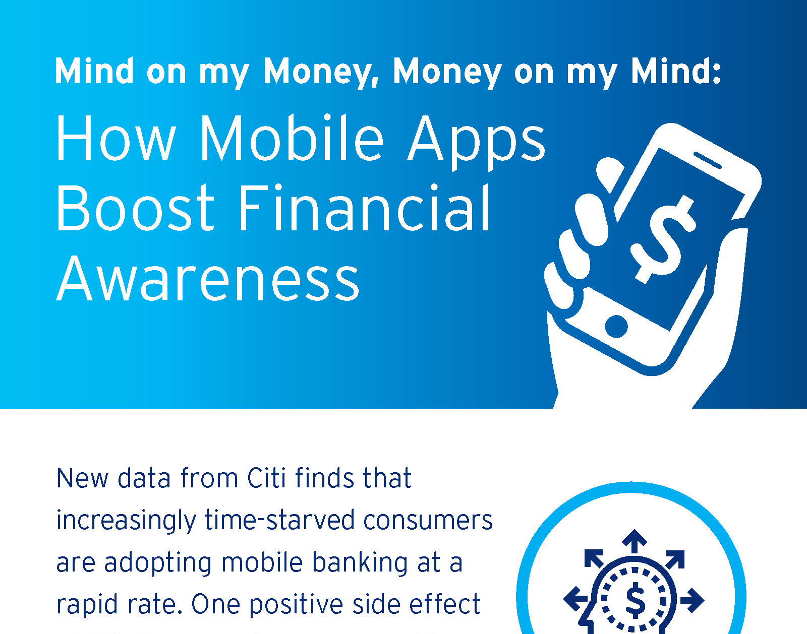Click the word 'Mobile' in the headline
(x=292, y=138)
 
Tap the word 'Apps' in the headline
(x=476, y=143)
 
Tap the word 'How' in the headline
(x=116, y=138)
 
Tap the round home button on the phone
(x=616, y=326)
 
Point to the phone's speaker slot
(x=707, y=160)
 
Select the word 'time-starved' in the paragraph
(x=279, y=520)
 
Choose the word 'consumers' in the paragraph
(x=428, y=521)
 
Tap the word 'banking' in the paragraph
(x=360, y=563)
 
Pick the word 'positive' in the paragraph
(x=296, y=605)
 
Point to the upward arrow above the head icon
(x=635, y=541)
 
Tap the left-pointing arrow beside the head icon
(x=575, y=599)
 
